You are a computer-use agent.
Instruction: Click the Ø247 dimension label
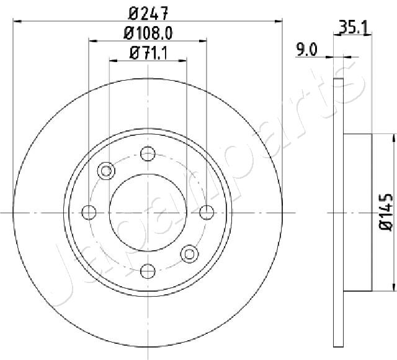pyautogui.click(x=148, y=14)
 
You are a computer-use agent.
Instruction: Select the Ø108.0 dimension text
pyautogui.click(x=148, y=33)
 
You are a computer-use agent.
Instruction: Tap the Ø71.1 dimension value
pyautogui.click(x=148, y=53)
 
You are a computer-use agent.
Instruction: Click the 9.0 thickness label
pyautogui.click(x=307, y=50)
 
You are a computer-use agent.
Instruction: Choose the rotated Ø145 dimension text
pyautogui.click(x=386, y=212)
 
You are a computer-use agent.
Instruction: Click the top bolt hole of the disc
pyautogui.click(x=148, y=153)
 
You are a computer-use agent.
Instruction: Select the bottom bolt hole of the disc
pyautogui.click(x=148, y=271)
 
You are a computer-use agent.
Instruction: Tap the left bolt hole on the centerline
pyautogui.click(x=89, y=212)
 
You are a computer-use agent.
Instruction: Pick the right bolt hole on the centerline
pyautogui.click(x=207, y=212)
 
